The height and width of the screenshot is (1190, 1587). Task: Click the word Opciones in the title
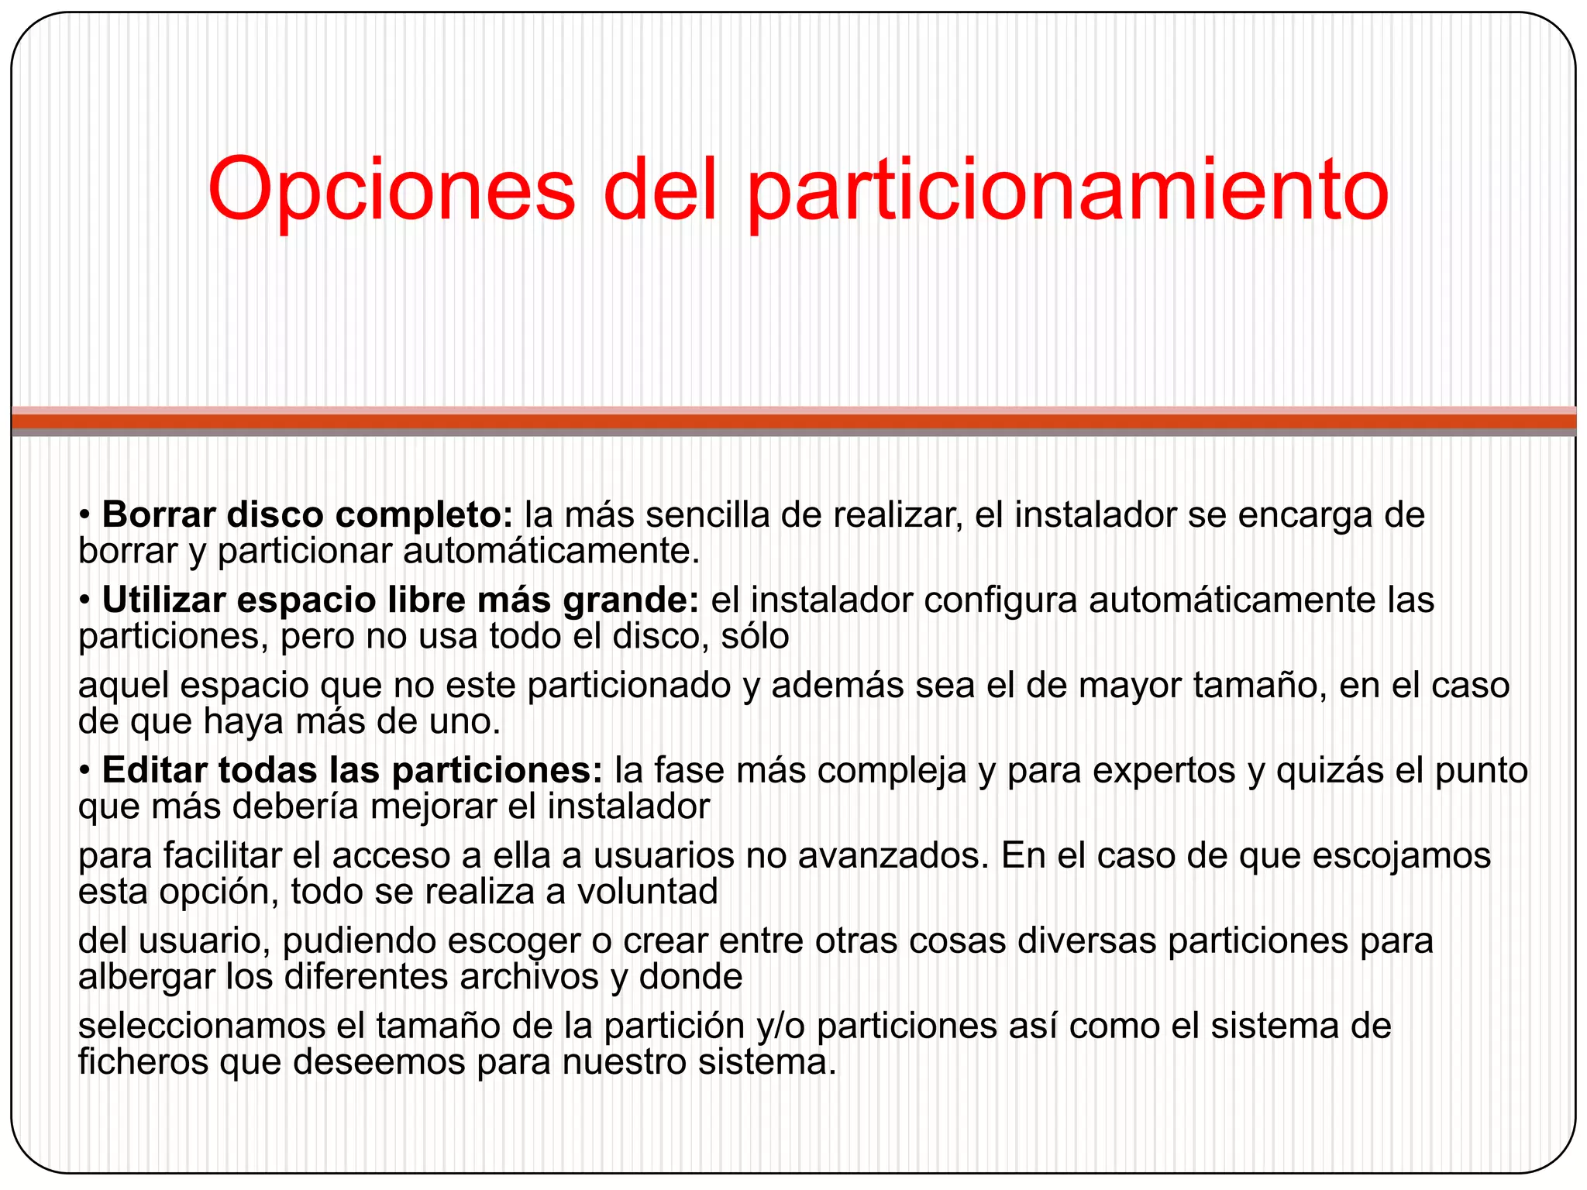pyautogui.click(x=391, y=190)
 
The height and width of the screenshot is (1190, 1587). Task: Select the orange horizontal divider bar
pyautogui.click(x=793, y=421)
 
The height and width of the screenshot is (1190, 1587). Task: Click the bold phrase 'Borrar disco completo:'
pyautogui.click(x=308, y=515)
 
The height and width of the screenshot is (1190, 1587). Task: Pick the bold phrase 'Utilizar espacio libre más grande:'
pyautogui.click(x=401, y=600)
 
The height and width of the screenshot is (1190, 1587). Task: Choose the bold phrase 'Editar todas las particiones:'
pyautogui.click(x=353, y=770)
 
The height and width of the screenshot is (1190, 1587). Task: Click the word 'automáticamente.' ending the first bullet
pyautogui.click(x=552, y=552)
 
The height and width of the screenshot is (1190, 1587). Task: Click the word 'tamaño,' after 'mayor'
pyautogui.click(x=1255, y=686)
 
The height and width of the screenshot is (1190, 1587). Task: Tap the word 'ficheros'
pyautogui.click(x=143, y=1062)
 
